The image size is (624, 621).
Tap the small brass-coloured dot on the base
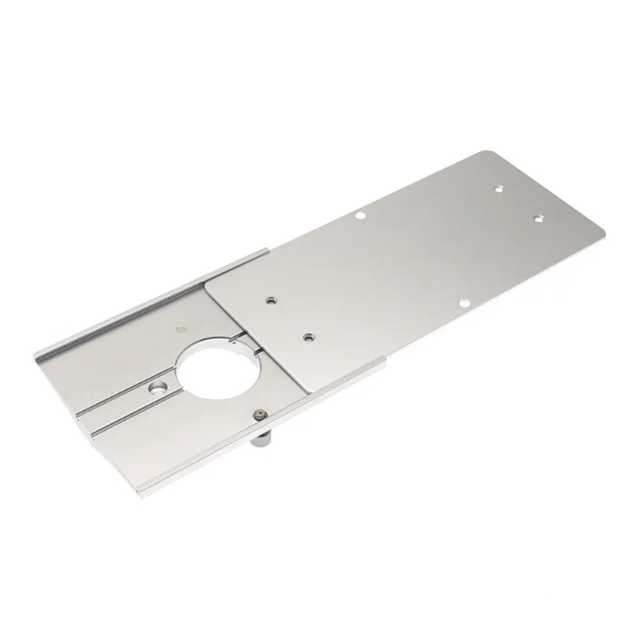pos(179,327)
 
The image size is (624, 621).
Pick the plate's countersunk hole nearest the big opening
pos(307,337)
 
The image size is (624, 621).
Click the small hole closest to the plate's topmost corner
pos(498,187)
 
